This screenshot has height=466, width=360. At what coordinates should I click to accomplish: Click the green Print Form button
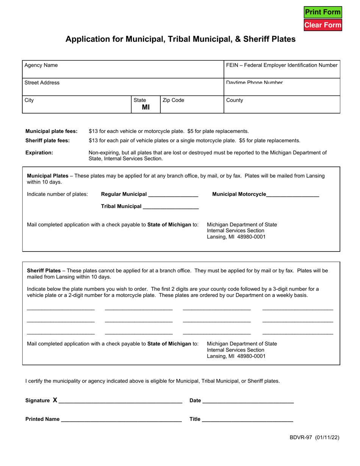(323, 12)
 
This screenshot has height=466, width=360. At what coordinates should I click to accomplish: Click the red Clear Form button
(323, 25)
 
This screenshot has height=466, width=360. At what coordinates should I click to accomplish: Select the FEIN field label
(282, 65)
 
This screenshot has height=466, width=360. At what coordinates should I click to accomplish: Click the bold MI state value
(146, 107)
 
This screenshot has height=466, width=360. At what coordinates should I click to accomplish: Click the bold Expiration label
(39, 153)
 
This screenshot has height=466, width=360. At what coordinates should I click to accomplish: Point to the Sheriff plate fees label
(47, 141)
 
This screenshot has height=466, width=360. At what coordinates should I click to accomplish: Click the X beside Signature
(55, 400)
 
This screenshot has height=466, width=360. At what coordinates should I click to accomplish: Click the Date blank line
(248, 401)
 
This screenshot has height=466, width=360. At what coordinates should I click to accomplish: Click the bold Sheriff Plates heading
(44, 271)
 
